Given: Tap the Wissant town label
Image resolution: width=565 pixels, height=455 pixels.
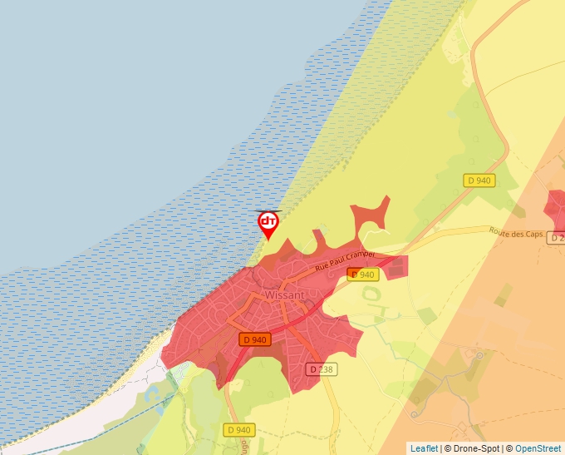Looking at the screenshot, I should (285, 295).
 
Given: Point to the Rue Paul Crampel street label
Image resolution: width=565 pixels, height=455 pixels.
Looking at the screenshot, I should (345, 260).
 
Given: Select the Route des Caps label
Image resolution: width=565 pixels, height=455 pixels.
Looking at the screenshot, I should (516, 234).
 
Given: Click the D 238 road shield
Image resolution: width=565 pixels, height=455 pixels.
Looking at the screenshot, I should (322, 368).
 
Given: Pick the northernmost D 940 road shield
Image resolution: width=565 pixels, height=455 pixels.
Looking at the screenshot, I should (479, 181).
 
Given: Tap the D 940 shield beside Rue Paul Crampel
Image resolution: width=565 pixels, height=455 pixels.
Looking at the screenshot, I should (362, 274).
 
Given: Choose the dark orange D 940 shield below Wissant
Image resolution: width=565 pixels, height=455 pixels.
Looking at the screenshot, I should (255, 339).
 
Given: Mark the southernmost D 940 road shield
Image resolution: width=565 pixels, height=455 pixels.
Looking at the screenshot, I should (238, 429).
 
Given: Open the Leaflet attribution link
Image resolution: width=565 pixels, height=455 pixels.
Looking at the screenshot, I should (424, 448).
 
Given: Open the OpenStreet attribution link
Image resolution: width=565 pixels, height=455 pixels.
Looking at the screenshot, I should (538, 448).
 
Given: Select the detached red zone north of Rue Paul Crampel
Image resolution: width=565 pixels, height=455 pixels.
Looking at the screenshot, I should (370, 215).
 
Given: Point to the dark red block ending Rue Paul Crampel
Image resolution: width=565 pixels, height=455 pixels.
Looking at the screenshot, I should (398, 266).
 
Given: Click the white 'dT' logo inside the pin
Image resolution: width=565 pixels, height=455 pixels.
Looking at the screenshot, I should (268, 221).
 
